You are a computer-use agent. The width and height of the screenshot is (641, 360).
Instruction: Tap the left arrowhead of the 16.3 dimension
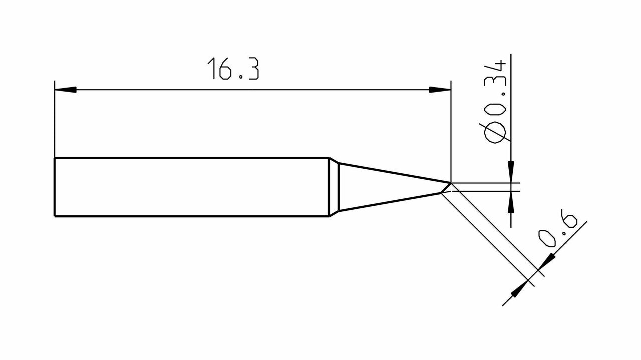click(x=66, y=90)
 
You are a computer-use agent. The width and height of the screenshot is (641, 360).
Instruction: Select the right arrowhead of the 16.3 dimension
click(x=440, y=90)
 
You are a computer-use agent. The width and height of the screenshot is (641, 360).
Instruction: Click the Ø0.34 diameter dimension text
click(x=495, y=103)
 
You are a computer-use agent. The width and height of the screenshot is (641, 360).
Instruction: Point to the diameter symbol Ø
click(x=495, y=133)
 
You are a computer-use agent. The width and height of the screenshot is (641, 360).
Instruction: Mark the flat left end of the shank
click(x=55, y=187)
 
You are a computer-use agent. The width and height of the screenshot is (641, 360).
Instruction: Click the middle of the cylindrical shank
click(x=190, y=187)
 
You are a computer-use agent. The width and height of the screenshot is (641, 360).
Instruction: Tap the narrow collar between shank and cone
click(x=334, y=187)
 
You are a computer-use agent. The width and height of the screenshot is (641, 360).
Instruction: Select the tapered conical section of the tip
click(x=391, y=187)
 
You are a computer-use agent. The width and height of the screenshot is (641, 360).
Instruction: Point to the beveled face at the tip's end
click(x=446, y=188)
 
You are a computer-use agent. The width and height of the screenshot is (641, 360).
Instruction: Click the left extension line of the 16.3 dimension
click(x=55, y=120)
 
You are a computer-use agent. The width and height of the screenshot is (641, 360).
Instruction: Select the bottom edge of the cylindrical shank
click(x=190, y=216)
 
